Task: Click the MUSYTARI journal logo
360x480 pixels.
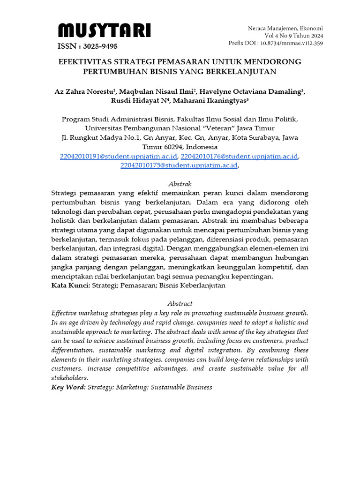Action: click(104, 31)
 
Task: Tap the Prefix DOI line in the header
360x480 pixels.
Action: click(275, 43)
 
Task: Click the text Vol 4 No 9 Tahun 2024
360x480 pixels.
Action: click(293, 36)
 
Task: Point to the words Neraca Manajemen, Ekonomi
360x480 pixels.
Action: click(285, 28)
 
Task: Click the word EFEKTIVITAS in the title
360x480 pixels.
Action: click(86, 62)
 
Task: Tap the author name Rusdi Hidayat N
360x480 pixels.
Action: click(137, 101)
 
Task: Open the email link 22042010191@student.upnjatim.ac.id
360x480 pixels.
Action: click(119, 156)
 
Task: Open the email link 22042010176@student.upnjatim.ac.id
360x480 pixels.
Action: click(239, 156)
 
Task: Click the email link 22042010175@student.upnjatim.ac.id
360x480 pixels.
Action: click(179, 165)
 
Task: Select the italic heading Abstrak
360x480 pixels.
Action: click(180, 184)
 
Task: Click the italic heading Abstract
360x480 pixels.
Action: click(180, 304)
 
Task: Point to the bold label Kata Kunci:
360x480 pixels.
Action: click(70, 285)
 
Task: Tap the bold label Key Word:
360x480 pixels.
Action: click(68, 387)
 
